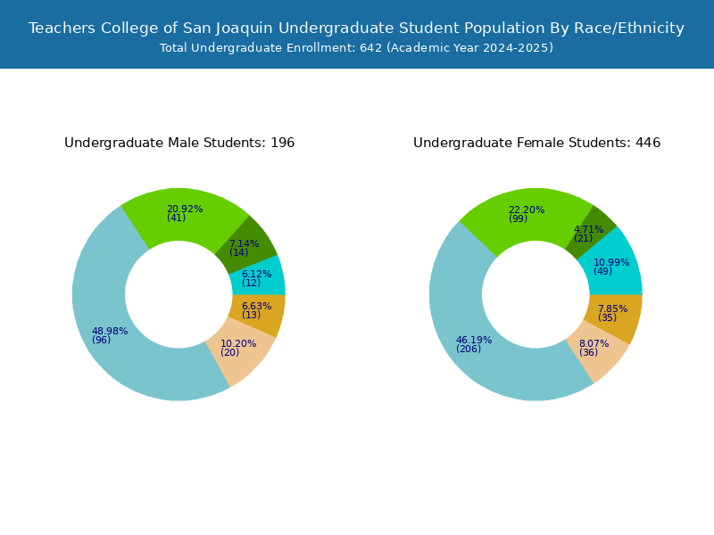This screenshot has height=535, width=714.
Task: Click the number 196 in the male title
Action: (282, 143)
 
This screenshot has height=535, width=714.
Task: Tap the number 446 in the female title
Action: (648, 143)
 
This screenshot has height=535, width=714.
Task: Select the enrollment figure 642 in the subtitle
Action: (370, 48)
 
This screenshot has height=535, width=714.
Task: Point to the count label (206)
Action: (469, 349)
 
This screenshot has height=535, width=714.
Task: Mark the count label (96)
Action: (101, 340)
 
